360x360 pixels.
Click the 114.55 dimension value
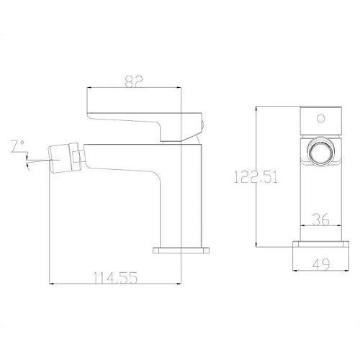(x=115, y=278)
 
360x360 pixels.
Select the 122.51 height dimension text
(x=256, y=177)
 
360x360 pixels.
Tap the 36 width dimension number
(x=320, y=220)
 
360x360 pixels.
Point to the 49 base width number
(x=321, y=265)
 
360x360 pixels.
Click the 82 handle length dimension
(x=134, y=81)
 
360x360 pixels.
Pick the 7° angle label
(x=17, y=146)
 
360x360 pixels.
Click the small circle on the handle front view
(x=320, y=118)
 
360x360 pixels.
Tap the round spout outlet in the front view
(x=320, y=152)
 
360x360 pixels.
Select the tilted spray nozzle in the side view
(x=63, y=158)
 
